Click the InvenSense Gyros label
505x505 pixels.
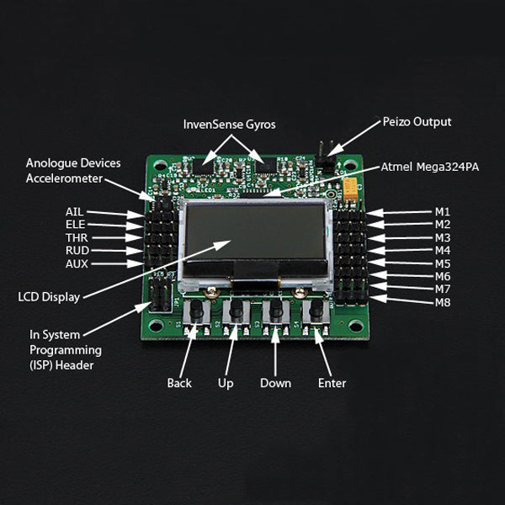(229, 125)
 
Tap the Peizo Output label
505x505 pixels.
(417, 122)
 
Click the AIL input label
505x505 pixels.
(74, 212)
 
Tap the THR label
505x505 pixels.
(76, 238)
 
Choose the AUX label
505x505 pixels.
(76, 263)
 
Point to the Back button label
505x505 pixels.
(179, 384)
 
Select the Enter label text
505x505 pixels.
(332, 384)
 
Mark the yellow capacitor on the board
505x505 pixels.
(348, 189)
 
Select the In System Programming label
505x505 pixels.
(66, 349)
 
